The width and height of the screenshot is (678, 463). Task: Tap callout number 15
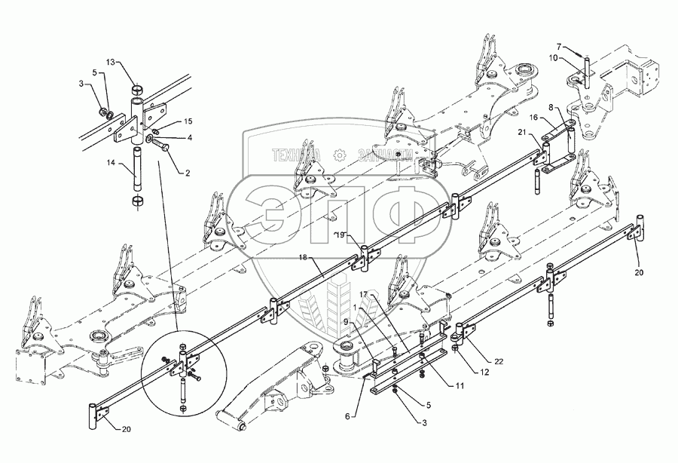(x=188, y=121)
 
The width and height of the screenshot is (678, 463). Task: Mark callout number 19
(x=340, y=235)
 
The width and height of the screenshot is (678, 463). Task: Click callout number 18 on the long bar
(x=303, y=256)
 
